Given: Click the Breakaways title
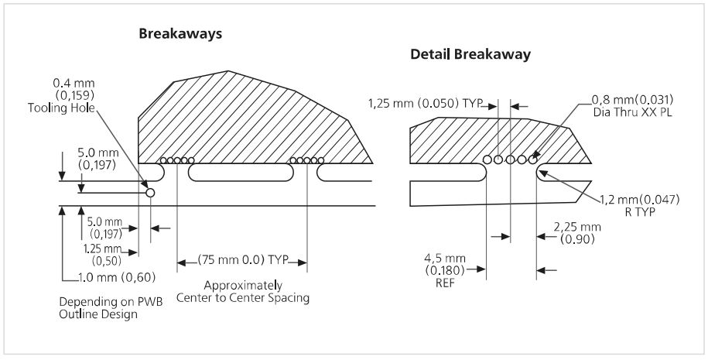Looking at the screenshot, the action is (180, 34).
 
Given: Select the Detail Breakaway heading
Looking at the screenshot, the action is (470, 55).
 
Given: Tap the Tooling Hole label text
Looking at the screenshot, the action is (61, 108).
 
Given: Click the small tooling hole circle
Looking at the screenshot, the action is (150, 193).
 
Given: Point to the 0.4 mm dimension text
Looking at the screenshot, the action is (74, 84).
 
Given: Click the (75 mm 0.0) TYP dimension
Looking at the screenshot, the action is (242, 260).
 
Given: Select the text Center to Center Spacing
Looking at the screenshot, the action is (243, 298).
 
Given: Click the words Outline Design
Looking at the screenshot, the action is (98, 314).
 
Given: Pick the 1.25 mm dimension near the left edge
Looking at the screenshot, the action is (103, 249).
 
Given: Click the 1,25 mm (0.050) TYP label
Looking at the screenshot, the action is (426, 104).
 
